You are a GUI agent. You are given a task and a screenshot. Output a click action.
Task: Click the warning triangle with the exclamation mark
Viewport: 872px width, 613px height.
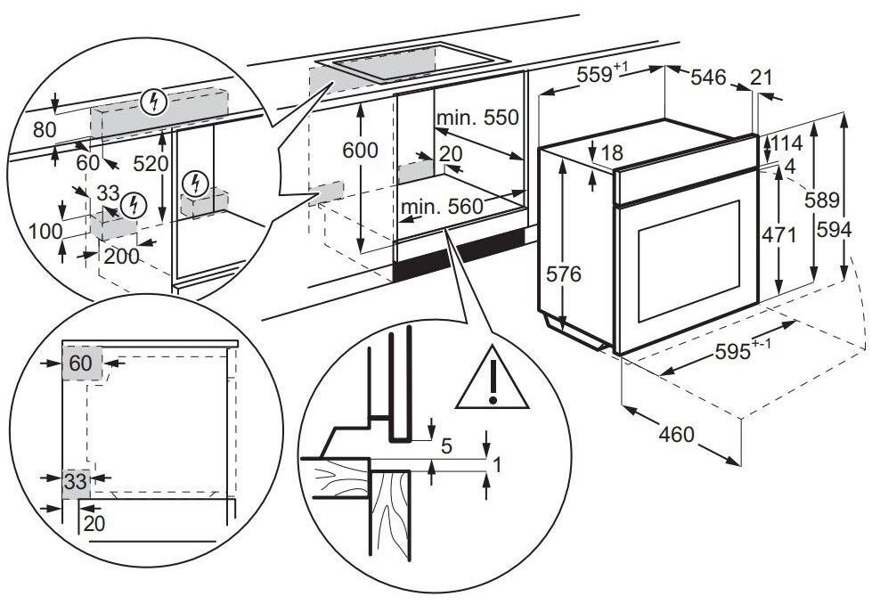[x=492, y=380]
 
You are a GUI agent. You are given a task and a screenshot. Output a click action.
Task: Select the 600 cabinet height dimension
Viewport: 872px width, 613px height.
[x=360, y=151]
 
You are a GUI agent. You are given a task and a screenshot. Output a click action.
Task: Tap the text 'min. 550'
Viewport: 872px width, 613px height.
[x=477, y=118]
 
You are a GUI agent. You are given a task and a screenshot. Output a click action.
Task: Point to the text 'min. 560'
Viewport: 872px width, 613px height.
[x=442, y=207]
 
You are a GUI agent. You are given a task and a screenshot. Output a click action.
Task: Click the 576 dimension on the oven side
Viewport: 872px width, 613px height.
[x=563, y=274]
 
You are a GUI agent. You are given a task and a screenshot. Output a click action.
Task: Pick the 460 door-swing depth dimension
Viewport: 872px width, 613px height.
[x=676, y=434]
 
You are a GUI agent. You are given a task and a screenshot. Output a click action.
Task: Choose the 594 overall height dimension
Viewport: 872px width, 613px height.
[x=834, y=229]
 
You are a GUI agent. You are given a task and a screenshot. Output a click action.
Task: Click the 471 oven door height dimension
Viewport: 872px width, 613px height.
[x=778, y=235]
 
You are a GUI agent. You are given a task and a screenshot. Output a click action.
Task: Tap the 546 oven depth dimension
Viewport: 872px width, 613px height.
[x=708, y=78]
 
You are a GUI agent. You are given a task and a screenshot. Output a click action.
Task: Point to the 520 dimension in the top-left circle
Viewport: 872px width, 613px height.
[x=151, y=164]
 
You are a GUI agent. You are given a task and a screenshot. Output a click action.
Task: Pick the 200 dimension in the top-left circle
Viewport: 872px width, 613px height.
[x=122, y=257]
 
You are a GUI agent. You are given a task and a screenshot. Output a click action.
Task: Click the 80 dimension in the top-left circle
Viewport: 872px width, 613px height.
[x=45, y=130]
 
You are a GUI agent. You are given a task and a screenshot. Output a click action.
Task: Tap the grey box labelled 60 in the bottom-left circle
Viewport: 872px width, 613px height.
[x=82, y=364]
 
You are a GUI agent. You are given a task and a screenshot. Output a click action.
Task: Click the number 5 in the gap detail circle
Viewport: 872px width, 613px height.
[x=446, y=446]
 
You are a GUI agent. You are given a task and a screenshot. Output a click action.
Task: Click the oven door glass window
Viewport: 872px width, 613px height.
[x=689, y=261]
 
